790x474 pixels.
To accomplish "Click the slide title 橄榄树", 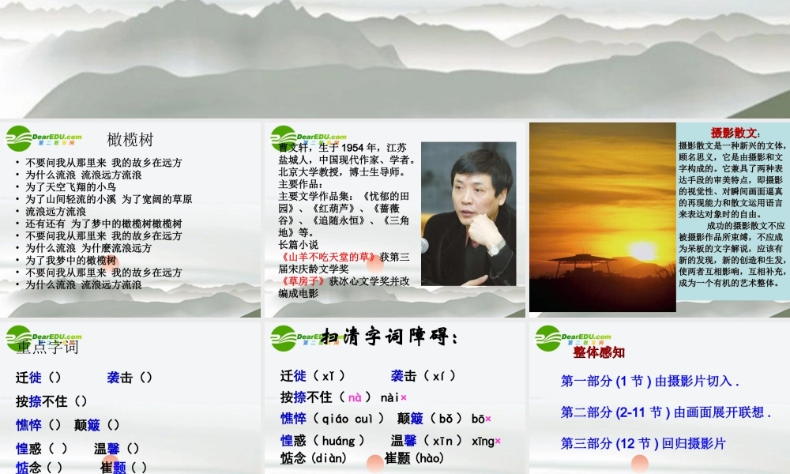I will click(x=130, y=141).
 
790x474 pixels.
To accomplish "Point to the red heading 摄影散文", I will click(x=733, y=132).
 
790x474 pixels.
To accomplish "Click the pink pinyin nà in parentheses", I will click(x=355, y=397).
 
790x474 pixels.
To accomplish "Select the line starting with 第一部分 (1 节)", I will click(x=649, y=381).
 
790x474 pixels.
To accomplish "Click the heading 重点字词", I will click(x=47, y=347).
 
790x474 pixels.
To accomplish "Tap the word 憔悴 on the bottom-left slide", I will click(x=29, y=425).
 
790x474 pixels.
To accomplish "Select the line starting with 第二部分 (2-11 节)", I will click(x=664, y=412).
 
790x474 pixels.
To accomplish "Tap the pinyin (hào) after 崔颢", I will click(x=431, y=458).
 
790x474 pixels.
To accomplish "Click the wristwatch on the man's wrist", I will click(x=496, y=248).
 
